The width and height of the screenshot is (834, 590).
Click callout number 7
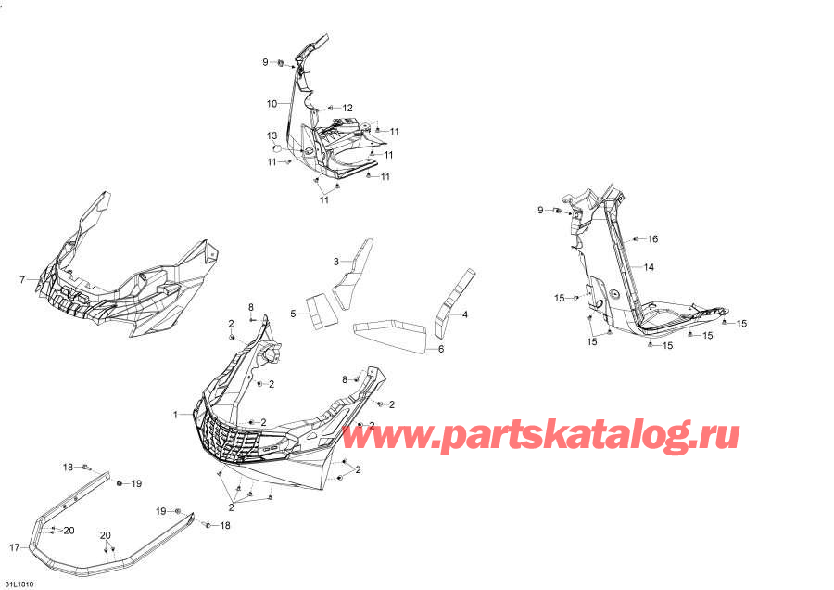tap(22, 279)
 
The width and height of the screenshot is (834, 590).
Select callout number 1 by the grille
tap(174, 414)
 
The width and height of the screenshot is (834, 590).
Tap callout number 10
tap(272, 103)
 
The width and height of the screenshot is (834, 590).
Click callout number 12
tap(347, 109)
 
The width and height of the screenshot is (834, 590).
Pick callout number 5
tap(293, 314)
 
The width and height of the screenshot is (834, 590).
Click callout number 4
tap(465, 314)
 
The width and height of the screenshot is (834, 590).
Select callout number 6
tap(441, 349)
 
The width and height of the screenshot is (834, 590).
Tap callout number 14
tap(649, 267)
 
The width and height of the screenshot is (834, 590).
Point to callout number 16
tap(652, 239)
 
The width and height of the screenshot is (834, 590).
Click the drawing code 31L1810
tap(17, 584)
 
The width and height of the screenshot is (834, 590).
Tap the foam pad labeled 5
tap(319, 310)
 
